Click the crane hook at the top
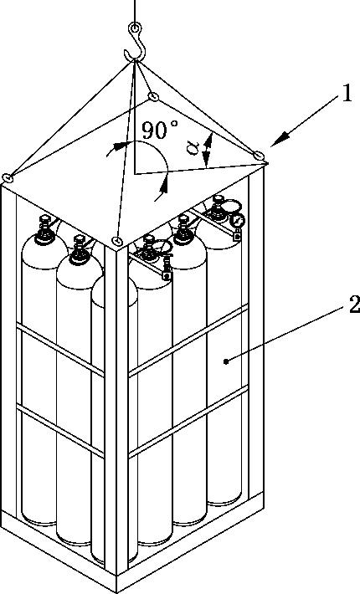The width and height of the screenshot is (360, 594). tap(141, 49)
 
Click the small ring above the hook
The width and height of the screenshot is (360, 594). tap(135, 28)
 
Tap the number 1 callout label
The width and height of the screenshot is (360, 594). tap(347, 94)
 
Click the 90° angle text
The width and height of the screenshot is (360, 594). tap(160, 130)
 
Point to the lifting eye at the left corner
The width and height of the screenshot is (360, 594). tap(8, 177)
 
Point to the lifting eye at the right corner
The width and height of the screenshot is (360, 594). tap(259, 155)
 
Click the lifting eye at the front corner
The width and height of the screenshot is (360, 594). tap(117, 240)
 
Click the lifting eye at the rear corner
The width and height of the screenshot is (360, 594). tap(153, 96)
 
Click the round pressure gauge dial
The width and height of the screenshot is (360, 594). tap(238, 220)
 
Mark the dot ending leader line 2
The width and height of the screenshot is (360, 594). tap(226, 361)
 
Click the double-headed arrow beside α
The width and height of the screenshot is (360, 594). tap(207, 151)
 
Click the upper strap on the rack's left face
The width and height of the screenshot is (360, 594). tap(60, 352)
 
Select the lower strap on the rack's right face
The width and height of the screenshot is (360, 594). tap(188, 422)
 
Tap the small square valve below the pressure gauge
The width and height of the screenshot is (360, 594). tap(237, 236)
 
